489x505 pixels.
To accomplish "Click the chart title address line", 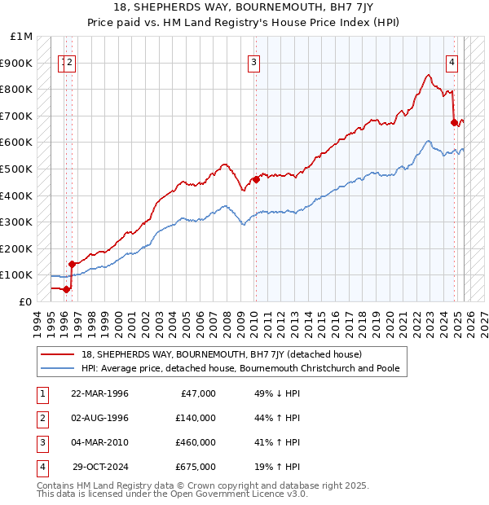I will coord(244,7).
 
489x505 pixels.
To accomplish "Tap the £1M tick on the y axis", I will coord(23,37).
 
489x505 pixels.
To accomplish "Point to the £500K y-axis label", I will coord(18,169).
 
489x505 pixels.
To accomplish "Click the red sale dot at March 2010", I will coord(255,179).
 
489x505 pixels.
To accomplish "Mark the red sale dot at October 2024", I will coord(454,122).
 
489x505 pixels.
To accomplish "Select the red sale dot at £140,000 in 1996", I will coord(72,264).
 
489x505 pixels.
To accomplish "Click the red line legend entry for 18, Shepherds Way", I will coord(215,354).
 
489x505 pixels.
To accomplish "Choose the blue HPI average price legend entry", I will coord(240,368).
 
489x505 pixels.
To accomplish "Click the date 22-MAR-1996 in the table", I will coord(100,393).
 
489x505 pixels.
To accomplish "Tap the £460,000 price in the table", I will coord(196,442).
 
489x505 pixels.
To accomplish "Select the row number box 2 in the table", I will coord(42,418).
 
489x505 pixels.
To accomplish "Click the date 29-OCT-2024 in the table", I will coord(101,467).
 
